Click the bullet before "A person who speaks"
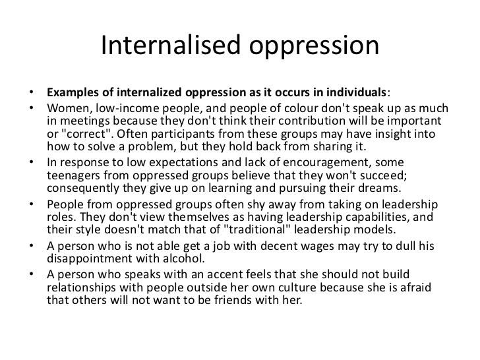tap(33, 276)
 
